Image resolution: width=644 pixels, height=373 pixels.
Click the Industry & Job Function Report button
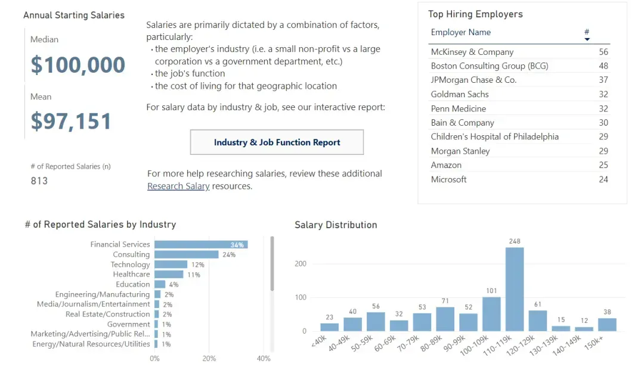click(x=277, y=142)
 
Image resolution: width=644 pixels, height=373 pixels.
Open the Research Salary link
click(x=178, y=186)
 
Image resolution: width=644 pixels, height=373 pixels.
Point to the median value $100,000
click(x=78, y=65)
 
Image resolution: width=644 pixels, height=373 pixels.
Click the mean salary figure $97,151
click(x=72, y=122)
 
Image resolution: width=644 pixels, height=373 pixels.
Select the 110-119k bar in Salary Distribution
click(x=515, y=289)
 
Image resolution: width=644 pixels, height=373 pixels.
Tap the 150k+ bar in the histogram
click(x=607, y=324)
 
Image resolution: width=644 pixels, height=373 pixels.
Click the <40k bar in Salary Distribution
click(x=329, y=327)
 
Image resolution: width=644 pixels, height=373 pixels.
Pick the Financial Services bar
click(x=201, y=244)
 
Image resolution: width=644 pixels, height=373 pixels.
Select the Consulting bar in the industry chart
click(x=187, y=254)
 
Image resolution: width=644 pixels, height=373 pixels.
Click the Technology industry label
click(x=130, y=265)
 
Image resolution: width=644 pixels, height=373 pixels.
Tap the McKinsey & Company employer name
click(x=472, y=52)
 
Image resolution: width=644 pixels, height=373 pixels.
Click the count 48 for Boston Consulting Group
click(x=603, y=66)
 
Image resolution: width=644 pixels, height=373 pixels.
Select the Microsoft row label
click(x=449, y=179)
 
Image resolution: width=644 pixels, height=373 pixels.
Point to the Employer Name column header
click(x=461, y=32)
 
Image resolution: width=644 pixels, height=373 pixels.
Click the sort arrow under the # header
click(x=587, y=39)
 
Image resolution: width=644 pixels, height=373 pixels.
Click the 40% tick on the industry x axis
click(x=263, y=359)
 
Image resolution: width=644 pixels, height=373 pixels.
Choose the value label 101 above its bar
click(x=491, y=291)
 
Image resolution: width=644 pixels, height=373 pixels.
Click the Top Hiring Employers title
click(x=475, y=14)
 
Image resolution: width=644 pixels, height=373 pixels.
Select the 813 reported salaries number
click(x=39, y=181)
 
